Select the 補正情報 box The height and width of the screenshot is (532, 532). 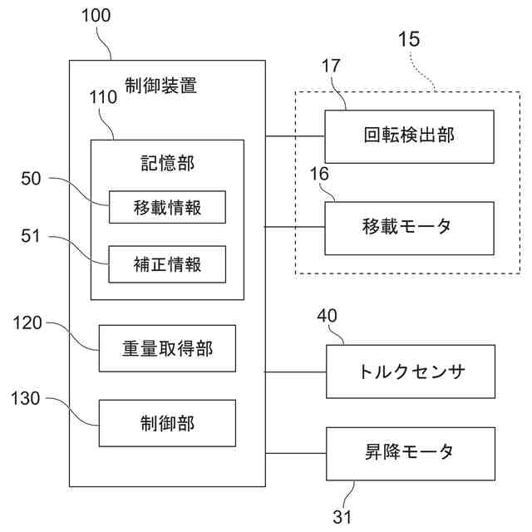click(x=167, y=266)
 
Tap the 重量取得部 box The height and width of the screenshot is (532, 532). click(x=167, y=348)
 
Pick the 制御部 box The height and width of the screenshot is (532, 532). click(x=167, y=423)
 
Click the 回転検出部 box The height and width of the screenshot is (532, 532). click(x=409, y=136)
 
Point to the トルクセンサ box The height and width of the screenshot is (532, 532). click(x=412, y=372)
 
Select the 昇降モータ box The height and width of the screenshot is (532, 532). click(x=412, y=453)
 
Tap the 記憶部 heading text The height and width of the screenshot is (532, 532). click(x=167, y=163)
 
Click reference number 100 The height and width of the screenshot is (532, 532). click(x=96, y=16)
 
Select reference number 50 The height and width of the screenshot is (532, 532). click(x=31, y=177)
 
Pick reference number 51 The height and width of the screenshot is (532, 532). click(x=31, y=236)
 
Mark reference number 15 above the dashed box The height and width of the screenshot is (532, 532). click(x=408, y=38)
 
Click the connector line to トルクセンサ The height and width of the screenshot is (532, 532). click(x=296, y=372)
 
